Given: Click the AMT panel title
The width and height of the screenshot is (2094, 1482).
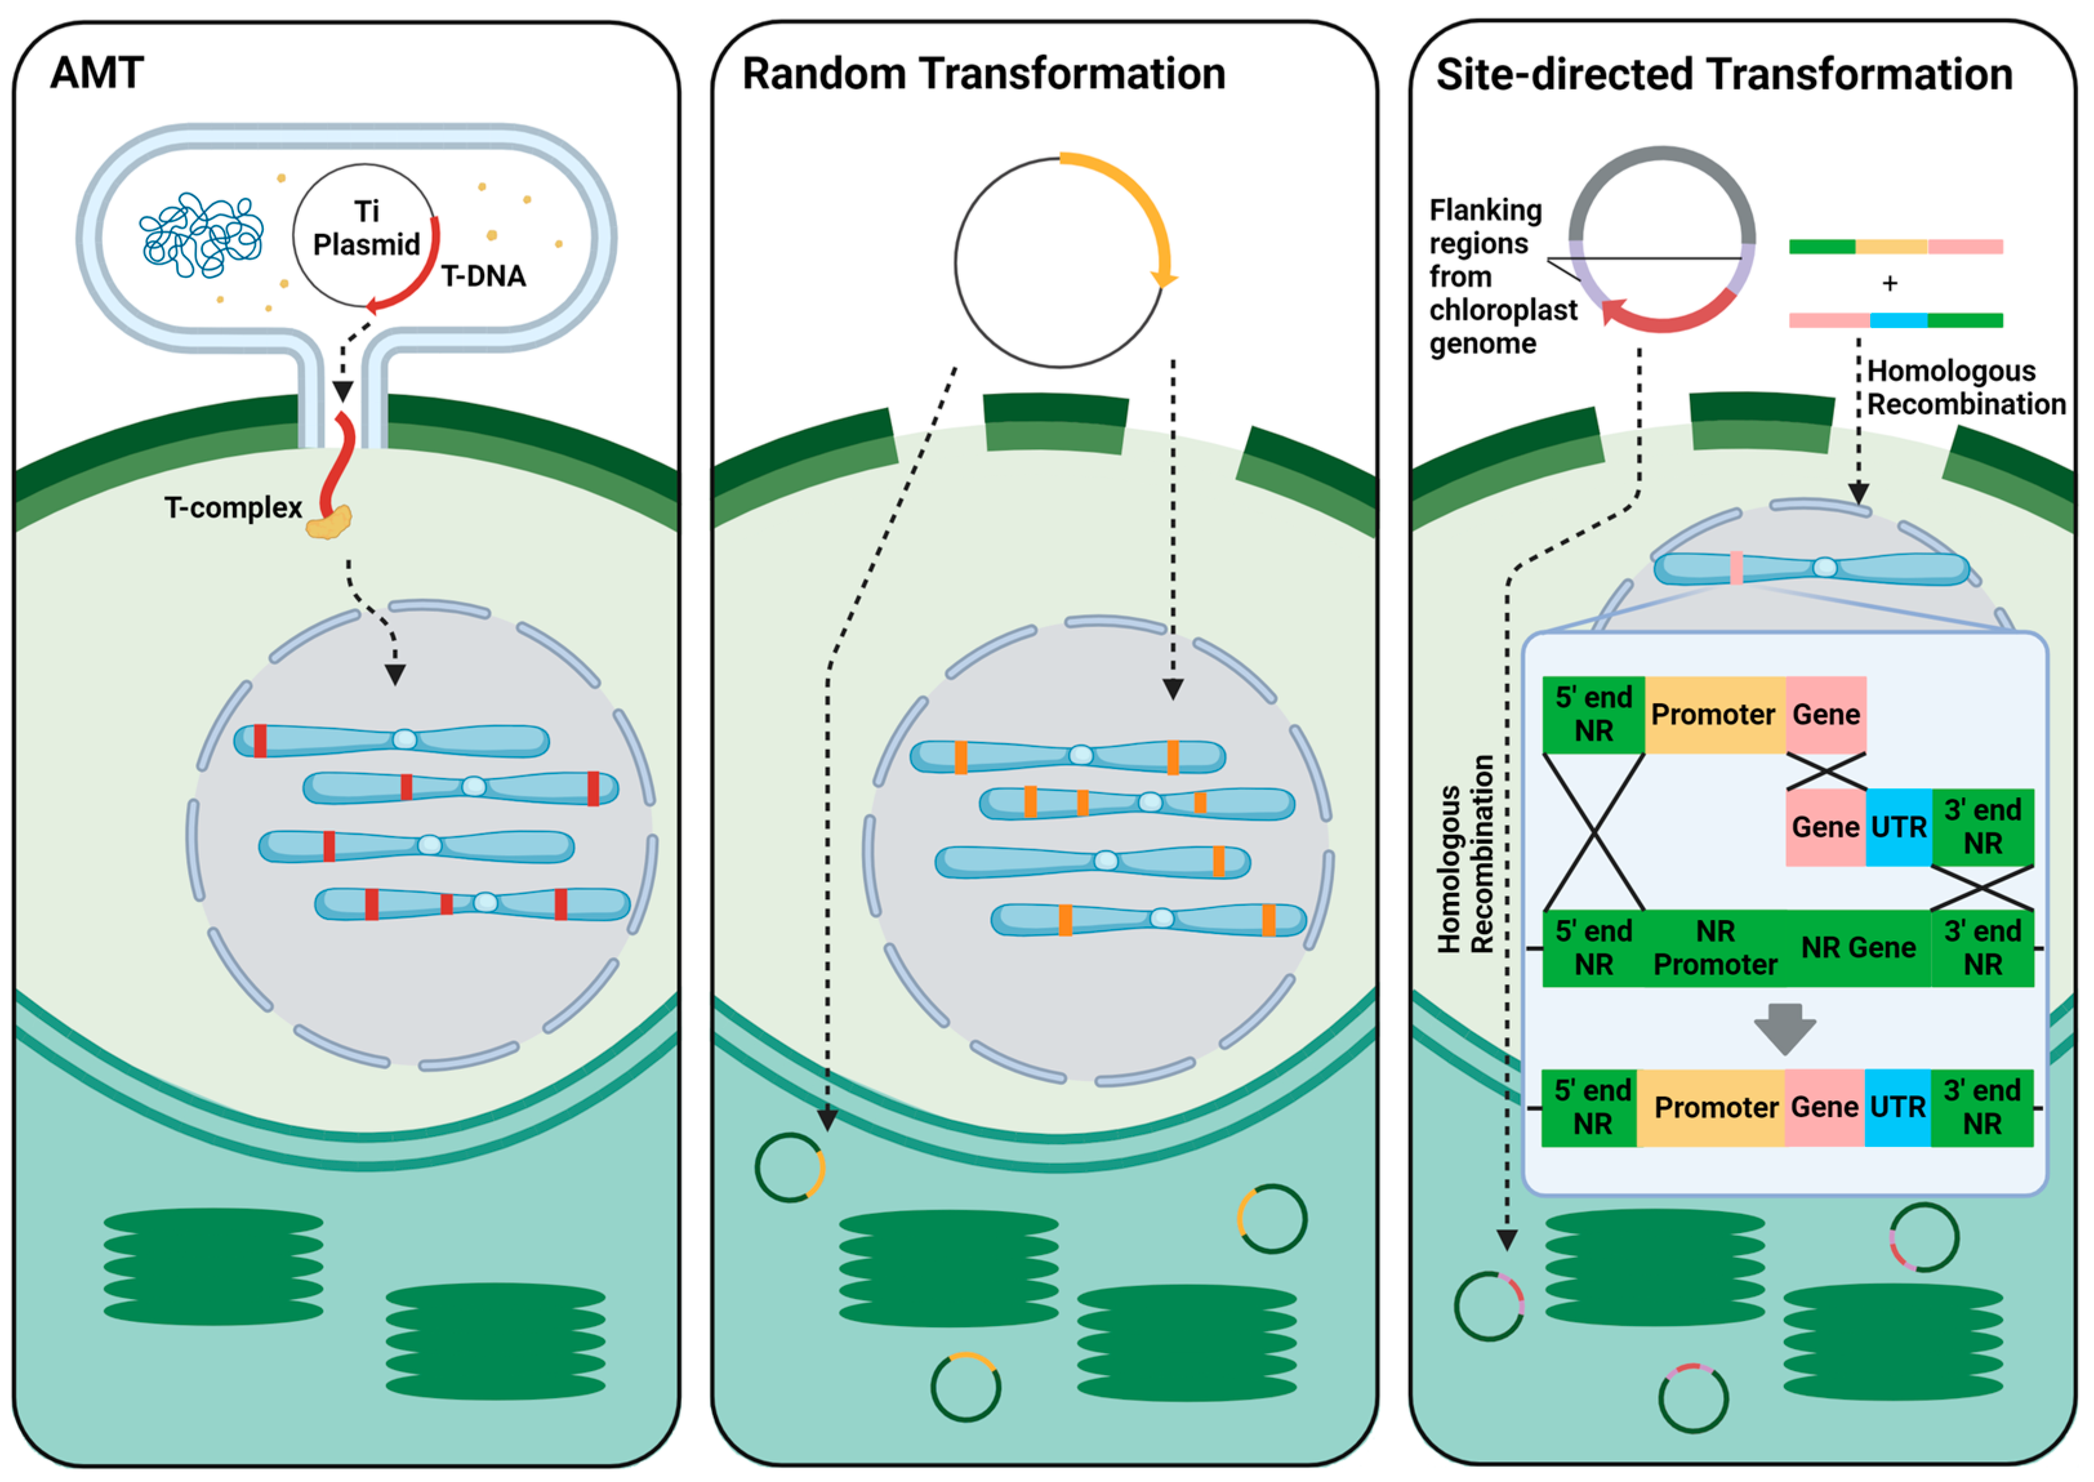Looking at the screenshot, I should tap(97, 73).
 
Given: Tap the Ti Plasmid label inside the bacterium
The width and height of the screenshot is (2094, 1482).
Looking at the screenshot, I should tap(366, 228).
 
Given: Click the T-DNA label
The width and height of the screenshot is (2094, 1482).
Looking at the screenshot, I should tap(483, 276).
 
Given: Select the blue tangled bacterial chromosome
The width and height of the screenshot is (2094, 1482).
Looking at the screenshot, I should tap(201, 235).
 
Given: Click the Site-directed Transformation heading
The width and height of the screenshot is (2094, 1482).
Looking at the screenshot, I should tap(1723, 74).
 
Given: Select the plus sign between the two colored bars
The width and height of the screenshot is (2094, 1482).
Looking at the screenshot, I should tap(1890, 284).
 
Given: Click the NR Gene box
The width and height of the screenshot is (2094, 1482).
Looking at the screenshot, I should tap(1857, 948).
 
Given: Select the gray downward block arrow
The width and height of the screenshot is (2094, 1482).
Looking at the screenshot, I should tap(1785, 1028).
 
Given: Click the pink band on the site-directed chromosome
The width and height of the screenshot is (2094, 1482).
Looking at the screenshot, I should tap(1736, 568).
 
